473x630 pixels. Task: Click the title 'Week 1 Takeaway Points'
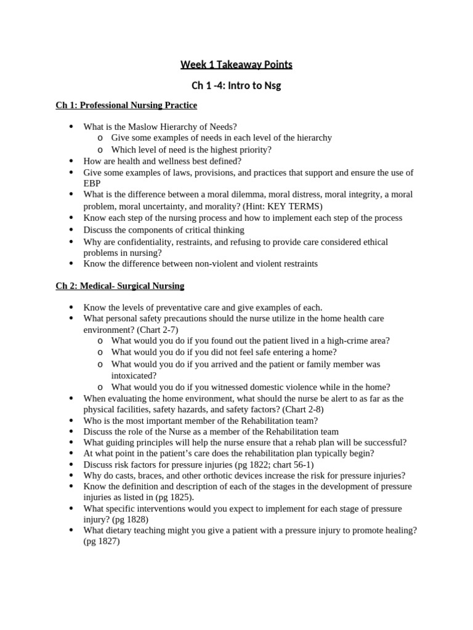(x=236, y=65)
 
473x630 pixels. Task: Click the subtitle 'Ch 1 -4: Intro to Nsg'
(x=236, y=86)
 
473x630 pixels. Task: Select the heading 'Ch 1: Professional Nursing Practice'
(x=126, y=106)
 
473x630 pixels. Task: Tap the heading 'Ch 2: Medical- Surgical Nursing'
(x=119, y=286)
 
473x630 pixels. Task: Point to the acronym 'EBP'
(x=92, y=183)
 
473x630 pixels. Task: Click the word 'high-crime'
(x=341, y=341)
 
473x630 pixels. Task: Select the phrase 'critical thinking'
(x=209, y=230)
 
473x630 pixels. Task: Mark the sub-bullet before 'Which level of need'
(x=100, y=150)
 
